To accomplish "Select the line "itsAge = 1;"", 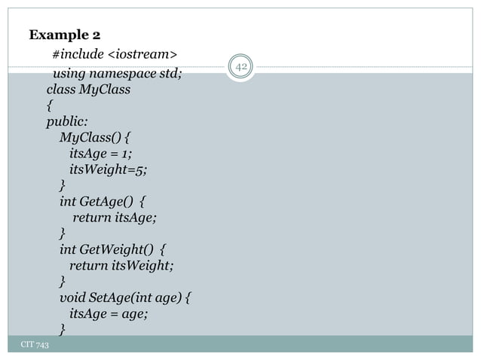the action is point(100,154).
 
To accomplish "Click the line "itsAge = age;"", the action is point(108,313).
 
